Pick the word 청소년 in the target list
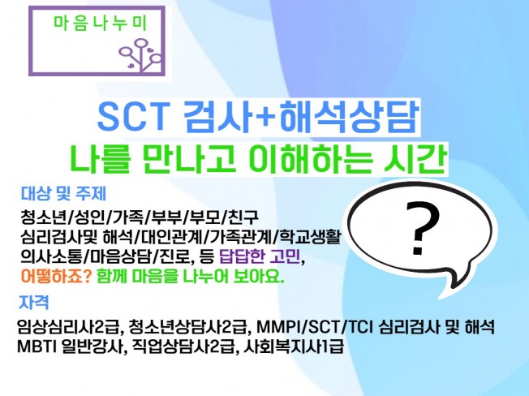click(45, 218)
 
